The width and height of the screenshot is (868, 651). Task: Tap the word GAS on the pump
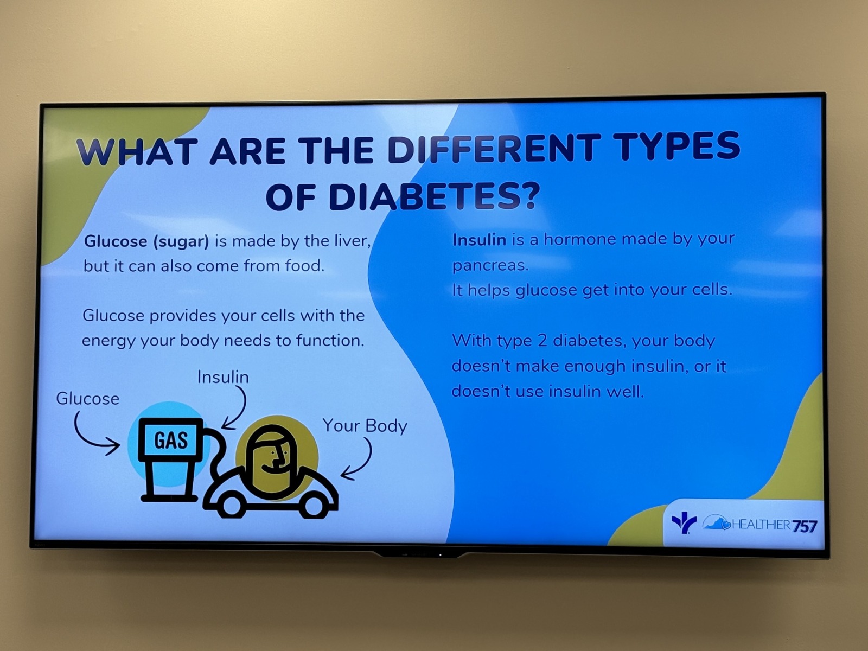(170, 441)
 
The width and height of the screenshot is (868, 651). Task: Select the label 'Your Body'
(365, 426)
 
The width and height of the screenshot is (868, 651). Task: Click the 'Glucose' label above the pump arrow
(87, 398)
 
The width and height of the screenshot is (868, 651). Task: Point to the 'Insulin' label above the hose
(223, 376)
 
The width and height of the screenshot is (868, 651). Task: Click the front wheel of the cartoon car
(314, 507)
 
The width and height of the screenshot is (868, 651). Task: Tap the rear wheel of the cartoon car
(231, 506)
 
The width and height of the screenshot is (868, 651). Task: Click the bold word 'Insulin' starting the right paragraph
(479, 240)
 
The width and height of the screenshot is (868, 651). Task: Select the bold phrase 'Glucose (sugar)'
(146, 241)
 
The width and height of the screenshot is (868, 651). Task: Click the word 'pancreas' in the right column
(490, 266)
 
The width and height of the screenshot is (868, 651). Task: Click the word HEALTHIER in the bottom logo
(761, 525)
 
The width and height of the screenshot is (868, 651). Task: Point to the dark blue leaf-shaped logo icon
(684, 523)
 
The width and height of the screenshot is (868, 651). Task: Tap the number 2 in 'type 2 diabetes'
(542, 341)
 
